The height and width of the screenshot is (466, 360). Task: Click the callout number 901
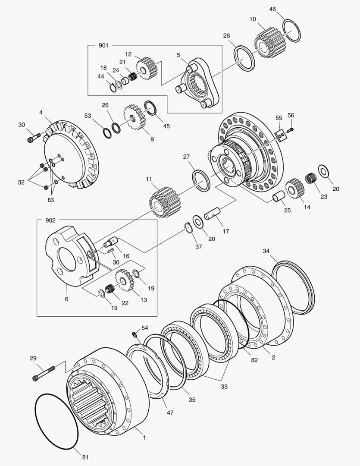(103, 45)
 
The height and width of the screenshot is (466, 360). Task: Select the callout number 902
(50, 220)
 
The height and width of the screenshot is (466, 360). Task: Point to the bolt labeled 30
(34, 138)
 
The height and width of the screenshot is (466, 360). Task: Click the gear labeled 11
(163, 202)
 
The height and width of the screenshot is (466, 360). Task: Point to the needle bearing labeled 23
(310, 178)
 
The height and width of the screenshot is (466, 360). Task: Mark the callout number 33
(224, 387)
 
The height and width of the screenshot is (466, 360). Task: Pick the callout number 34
(266, 251)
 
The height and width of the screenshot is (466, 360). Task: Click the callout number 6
(67, 299)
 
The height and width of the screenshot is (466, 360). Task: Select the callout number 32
(21, 182)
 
